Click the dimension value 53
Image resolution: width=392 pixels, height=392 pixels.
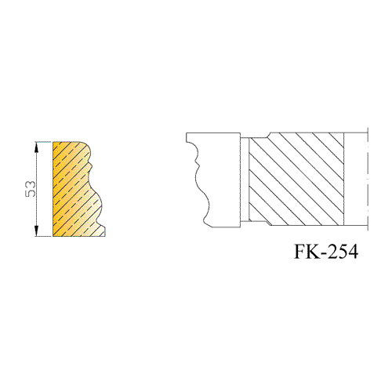click(31, 189)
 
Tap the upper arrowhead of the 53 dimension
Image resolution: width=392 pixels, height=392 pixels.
click(36, 147)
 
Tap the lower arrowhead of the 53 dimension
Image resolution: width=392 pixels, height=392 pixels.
click(36, 231)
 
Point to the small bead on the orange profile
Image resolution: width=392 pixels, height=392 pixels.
click(91, 166)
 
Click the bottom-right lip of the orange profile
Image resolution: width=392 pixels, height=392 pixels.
click(103, 231)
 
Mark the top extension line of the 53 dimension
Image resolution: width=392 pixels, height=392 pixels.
click(44, 142)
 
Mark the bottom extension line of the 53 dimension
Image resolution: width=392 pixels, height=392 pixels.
click(44, 237)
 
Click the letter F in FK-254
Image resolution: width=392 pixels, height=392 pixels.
click(300, 252)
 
